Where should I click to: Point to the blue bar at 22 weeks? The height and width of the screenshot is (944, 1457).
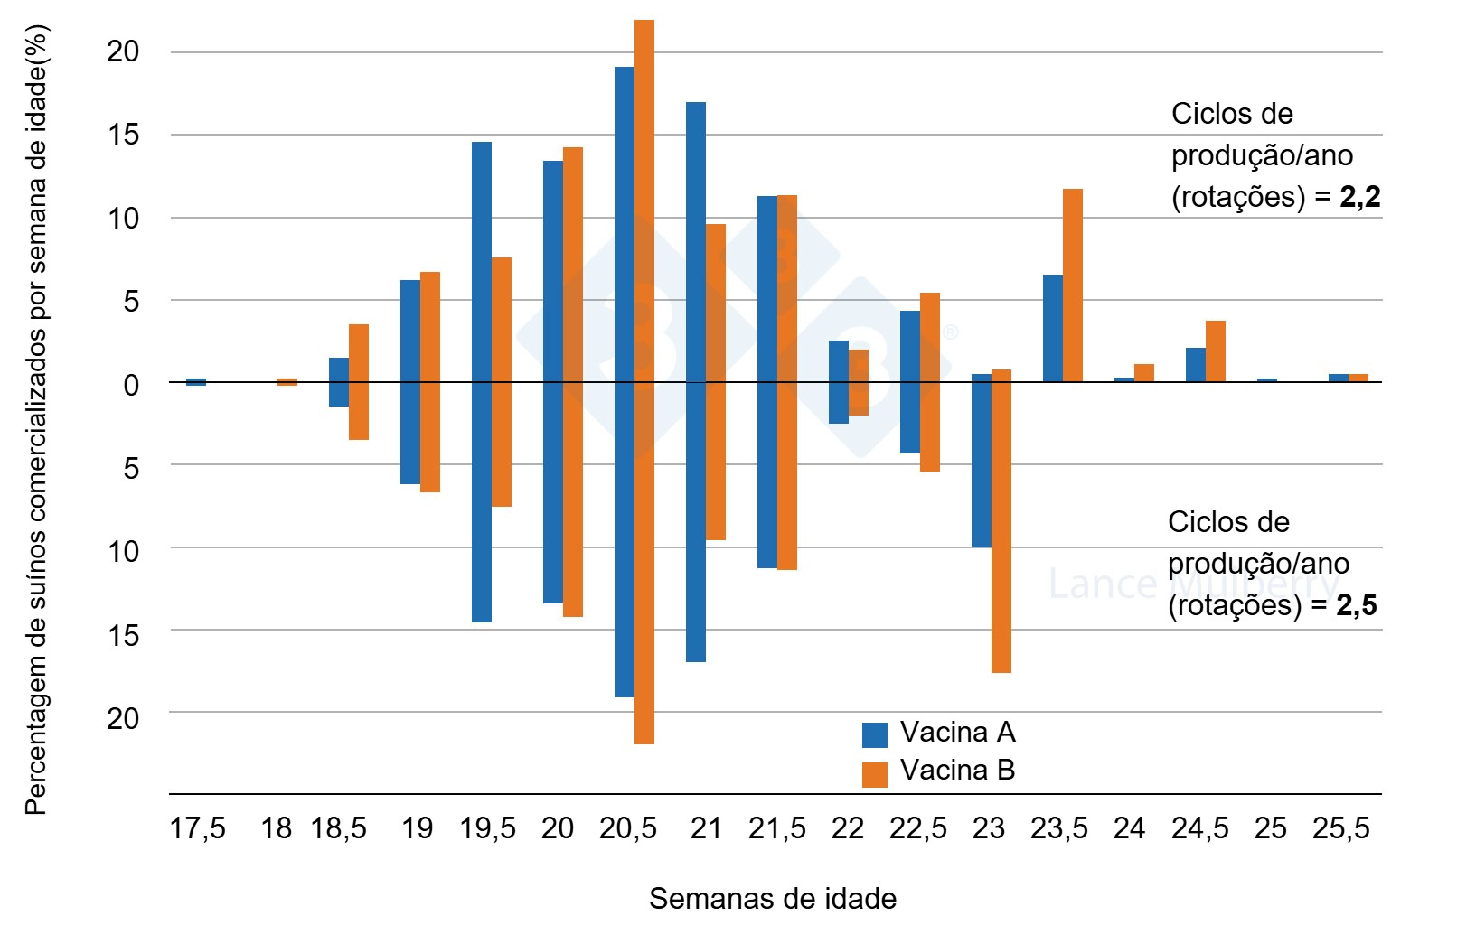pyautogui.click(x=838, y=382)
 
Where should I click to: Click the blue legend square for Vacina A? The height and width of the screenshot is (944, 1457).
pyautogui.click(x=874, y=734)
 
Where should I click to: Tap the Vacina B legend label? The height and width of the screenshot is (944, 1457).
pyautogui.click(x=957, y=771)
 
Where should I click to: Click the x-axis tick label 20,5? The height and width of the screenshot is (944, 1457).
pyautogui.click(x=628, y=828)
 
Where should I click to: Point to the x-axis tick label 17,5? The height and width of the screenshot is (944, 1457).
pyautogui.click(x=197, y=828)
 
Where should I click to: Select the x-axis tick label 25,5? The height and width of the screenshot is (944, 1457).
pyautogui.click(x=1341, y=828)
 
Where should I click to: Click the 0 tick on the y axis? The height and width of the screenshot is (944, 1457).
pyautogui.click(x=131, y=385)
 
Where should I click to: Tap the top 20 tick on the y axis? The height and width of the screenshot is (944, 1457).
pyautogui.click(x=124, y=52)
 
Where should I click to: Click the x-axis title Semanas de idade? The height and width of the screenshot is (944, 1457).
pyautogui.click(x=773, y=899)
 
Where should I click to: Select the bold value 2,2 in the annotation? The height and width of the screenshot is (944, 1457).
pyautogui.click(x=1360, y=197)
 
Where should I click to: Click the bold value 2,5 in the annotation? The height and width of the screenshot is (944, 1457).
pyautogui.click(x=1357, y=605)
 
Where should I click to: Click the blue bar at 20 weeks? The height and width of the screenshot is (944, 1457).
pyautogui.click(x=552, y=382)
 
